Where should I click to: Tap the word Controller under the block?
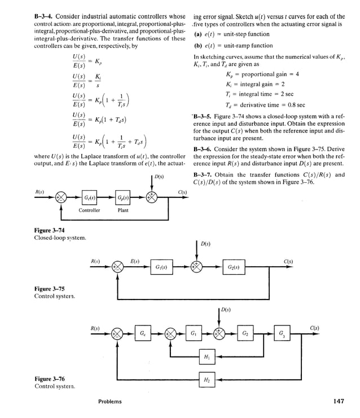pos(89,211)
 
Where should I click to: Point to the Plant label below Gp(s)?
pos(123,211)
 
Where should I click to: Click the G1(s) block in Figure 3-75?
pos(161,267)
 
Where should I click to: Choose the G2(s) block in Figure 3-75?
pos(233,267)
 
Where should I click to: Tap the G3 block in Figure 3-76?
pos(282,333)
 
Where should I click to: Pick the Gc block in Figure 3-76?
pos(143,333)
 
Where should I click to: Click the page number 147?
pos(339,401)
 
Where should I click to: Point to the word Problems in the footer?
pos(109,402)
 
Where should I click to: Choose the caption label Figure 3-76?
pos(50,380)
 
